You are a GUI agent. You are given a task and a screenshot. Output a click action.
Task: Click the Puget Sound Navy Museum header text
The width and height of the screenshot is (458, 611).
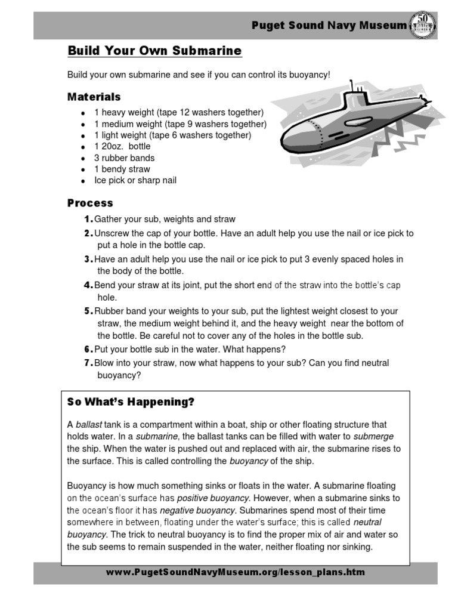[x=329, y=25]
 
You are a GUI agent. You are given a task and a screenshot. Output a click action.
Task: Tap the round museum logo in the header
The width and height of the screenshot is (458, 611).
[x=422, y=25]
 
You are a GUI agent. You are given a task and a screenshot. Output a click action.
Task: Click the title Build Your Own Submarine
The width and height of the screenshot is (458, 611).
[x=154, y=51]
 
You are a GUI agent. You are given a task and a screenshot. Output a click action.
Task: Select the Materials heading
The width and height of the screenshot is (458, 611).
[x=94, y=97]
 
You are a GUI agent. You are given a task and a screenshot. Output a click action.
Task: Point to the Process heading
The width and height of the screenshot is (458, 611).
[x=90, y=203]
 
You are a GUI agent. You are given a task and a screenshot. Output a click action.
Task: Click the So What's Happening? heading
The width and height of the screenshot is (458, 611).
[x=131, y=403]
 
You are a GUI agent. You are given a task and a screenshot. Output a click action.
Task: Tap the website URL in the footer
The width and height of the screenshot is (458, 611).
[x=235, y=572]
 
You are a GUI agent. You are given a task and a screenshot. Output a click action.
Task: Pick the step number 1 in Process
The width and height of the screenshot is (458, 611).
[x=88, y=220]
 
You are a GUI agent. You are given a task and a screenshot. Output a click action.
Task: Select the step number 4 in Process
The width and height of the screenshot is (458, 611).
[x=88, y=285]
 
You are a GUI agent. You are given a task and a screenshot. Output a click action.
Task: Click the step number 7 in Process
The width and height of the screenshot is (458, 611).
[x=88, y=363]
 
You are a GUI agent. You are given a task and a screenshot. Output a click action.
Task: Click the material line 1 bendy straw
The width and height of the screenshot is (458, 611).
[x=122, y=169]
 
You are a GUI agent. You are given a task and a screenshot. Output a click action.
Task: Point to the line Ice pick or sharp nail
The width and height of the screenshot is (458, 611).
[x=135, y=180]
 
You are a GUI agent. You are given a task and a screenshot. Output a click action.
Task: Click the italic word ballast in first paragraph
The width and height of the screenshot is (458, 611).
[x=89, y=425]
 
